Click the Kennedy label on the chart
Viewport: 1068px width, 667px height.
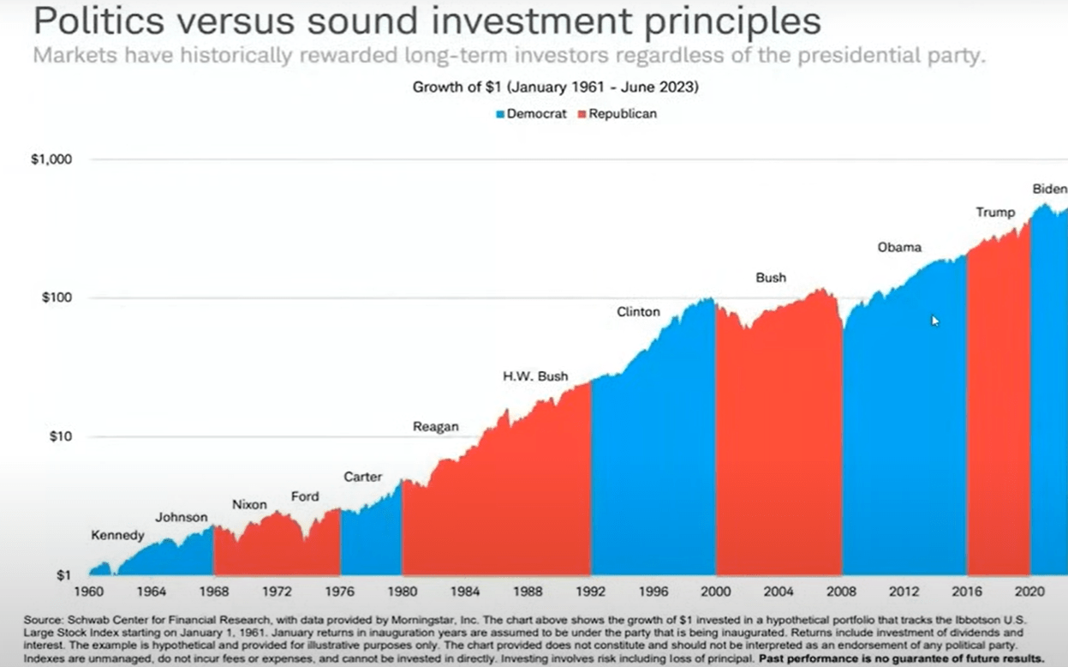pyautogui.click(x=118, y=536)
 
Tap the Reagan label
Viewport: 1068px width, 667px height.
pyautogui.click(x=436, y=426)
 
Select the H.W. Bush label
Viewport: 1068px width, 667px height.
pyautogui.click(x=535, y=376)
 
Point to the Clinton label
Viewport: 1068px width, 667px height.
pyautogui.click(x=638, y=312)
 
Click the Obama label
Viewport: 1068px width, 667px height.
pyautogui.click(x=899, y=247)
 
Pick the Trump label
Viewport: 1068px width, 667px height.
pyautogui.click(x=995, y=212)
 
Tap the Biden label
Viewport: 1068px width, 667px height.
pyautogui.click(x=1049, y=189)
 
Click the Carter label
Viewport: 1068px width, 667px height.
pyautogui.click(x=363, y=477)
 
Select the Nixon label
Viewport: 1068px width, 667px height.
pyautogui.click(x=250, y=505)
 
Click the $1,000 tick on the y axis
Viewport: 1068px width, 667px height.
pyautogui.click(x=51, y=160)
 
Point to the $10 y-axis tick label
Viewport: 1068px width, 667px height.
pyautogui.click(x=57, y=437)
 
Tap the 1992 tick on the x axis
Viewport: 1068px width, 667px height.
pyautogui.click(x=592, y=592)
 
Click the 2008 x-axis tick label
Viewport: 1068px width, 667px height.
pyautogui.click(x=841, y=592)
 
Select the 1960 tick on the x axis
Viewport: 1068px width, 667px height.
pyautogui.click(x=89, y=592)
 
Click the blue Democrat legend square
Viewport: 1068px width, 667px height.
pyautogui.click(x=500, y=114)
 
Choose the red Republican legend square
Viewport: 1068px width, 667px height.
pyautogui.click(x=582, y=114)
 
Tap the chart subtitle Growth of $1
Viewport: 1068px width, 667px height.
pyautogui.click(x=555, y=87)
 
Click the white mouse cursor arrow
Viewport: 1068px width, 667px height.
pyautogui.click(x=935, y=321)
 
